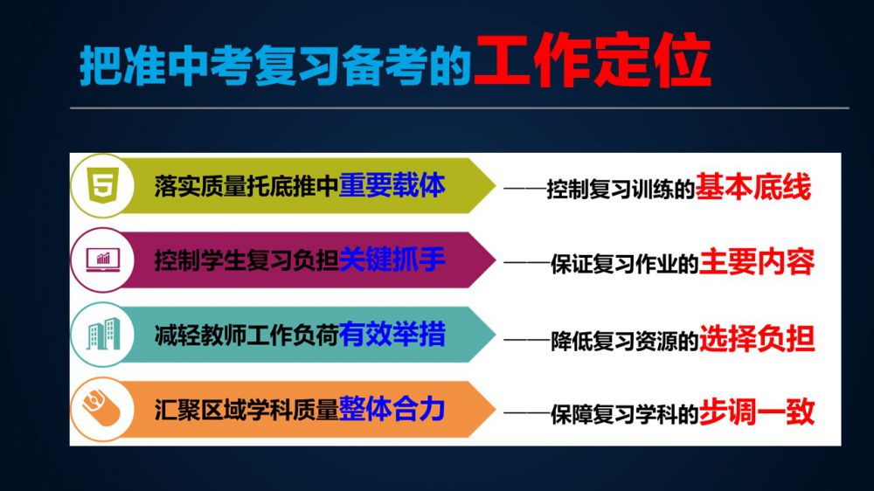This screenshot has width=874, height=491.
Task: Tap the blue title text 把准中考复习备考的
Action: [x=275, y=66]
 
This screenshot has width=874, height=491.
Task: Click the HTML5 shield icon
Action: [x=103, y=185]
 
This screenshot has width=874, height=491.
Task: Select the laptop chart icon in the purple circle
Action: [x=103, y=259]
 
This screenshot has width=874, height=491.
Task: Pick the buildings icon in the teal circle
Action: [x=103, y=334]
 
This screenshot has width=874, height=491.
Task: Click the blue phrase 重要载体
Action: [x=392, y=185]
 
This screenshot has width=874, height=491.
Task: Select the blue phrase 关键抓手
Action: [x=392, y=259]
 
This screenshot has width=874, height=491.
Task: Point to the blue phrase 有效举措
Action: [x=392, y=335]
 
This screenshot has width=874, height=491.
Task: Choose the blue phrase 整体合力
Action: [x=392, y=409]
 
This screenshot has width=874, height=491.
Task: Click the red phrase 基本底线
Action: [x=753, y=187]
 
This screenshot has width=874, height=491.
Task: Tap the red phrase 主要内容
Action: [x=756, y=262]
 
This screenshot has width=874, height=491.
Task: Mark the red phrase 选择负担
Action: [x=756, y=338]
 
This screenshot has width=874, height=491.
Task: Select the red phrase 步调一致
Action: [x=756, y=411]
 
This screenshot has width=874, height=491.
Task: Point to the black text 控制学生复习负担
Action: [x=246, y=260]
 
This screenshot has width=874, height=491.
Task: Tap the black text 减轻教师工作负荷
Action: [x=246, y=335]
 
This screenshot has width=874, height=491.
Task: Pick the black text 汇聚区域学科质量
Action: [x=246, y=410]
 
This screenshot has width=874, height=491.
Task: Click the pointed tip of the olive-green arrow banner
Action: [x=495, y=185]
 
